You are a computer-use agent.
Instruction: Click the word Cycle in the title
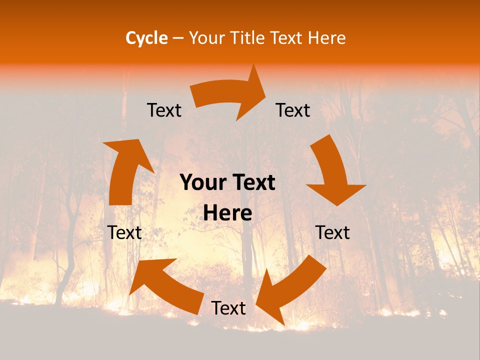point(146,38)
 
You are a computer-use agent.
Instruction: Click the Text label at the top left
point(164,110)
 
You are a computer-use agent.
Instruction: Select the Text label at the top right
point(293,110)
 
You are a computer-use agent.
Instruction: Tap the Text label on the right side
point(332,232)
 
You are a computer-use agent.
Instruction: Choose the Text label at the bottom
point(228,308)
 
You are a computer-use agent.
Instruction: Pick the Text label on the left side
point(124,232)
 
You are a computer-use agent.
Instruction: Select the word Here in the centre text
point(227,213)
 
